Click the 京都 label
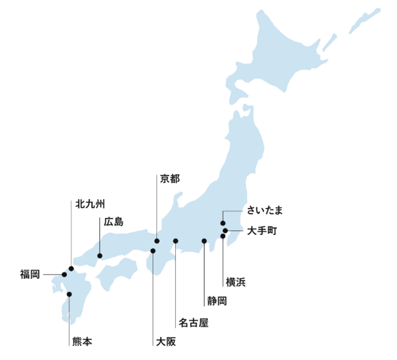[170, 179]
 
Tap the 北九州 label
[90, 204]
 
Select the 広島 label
[114, 222]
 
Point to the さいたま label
[265, 210]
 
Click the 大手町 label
[262, 231]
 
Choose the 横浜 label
[236, 282]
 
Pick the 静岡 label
[217, 301]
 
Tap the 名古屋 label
[194, 323]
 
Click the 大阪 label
[166, 342]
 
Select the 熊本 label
[82, 342]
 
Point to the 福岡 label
[30, 274]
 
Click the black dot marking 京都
[157, 241]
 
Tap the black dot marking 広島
[100, 256]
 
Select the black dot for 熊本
[69, 294]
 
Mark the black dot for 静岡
[204, 241]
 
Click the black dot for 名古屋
[176, 241]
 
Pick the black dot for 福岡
[64, 275]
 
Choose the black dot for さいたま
[223, 223]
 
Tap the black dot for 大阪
[153, 251]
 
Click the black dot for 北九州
[71, 268]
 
